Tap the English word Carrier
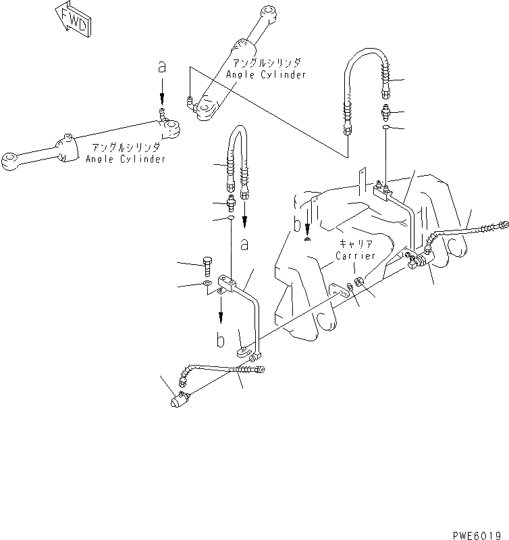355,257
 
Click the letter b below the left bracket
221,340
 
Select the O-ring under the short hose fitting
231,218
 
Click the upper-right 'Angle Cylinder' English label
266,74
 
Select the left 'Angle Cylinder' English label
126,159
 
